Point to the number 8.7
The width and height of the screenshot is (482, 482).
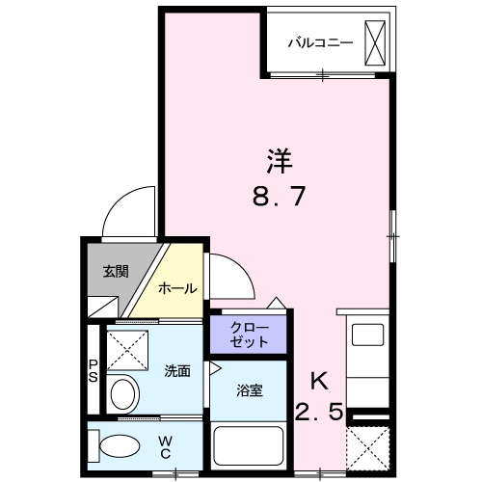(280, 198)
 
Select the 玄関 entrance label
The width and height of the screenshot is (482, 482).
(116, 271)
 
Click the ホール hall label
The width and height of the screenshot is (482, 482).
(177, 288)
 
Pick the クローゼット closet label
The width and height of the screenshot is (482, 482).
(249, 335)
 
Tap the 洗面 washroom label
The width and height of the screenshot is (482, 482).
(175, 369)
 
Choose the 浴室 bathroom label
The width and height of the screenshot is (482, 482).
(249, 390)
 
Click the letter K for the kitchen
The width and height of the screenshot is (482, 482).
(320, 380)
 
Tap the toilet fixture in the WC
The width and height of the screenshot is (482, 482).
(114, 444)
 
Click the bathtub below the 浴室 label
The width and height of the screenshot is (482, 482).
(249, 446)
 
